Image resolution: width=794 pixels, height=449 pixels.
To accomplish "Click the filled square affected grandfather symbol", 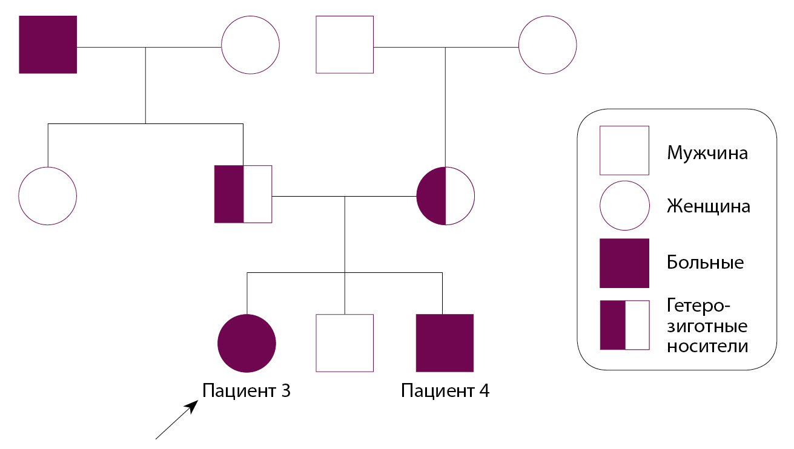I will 48,45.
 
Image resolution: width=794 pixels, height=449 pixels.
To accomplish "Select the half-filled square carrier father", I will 243,194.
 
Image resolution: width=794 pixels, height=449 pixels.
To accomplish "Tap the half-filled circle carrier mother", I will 446,195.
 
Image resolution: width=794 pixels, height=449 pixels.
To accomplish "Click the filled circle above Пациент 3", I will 246,343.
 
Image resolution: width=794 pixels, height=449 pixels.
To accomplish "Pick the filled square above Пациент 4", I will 445,343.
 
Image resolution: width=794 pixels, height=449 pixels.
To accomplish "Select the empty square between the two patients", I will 345,343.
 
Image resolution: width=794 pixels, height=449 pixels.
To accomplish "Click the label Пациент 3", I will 246,391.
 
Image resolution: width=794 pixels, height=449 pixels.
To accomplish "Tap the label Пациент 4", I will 445,391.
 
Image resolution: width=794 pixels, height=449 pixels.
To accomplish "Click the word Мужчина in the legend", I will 707,152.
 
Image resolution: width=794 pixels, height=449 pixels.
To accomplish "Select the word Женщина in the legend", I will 709,206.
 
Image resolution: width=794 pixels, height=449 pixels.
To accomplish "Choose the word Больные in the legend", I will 705,263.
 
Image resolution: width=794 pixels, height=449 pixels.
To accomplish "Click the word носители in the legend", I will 707,347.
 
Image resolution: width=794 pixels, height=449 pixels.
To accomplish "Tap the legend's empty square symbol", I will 624,150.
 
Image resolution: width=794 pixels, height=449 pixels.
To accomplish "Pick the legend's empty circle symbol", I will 624,206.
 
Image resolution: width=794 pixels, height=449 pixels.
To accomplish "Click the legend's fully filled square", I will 624,263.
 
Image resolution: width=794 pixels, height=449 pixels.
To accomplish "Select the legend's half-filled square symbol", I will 624,325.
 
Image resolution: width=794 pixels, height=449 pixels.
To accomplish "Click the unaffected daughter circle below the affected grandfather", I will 48,195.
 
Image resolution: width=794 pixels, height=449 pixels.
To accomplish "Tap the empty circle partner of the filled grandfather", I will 250,45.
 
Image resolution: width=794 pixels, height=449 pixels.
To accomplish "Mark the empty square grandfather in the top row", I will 345,45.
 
